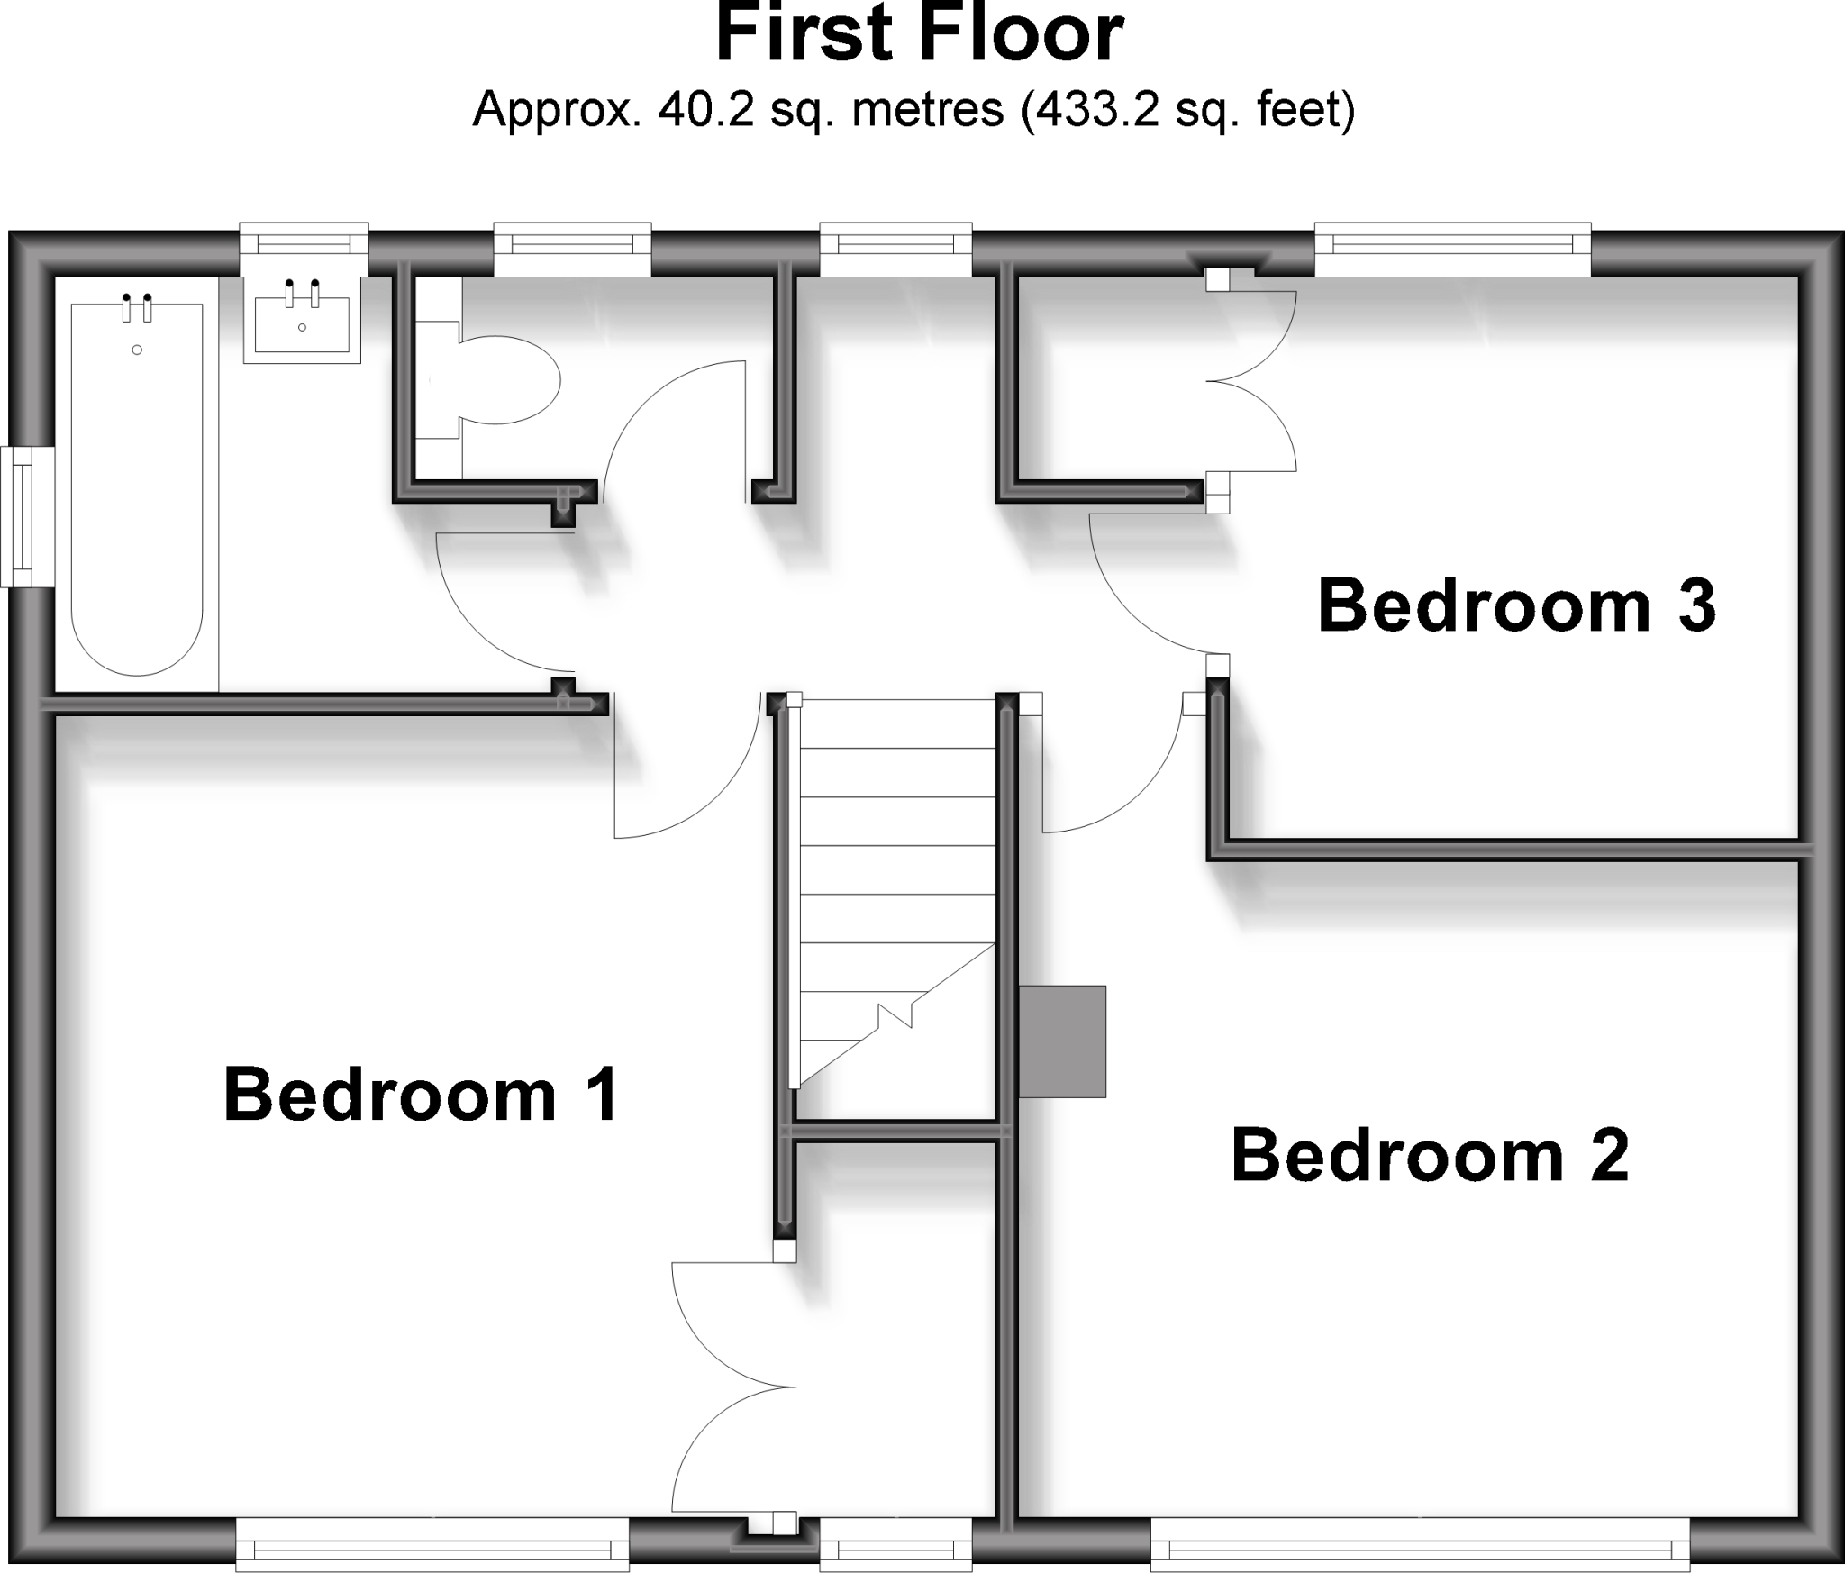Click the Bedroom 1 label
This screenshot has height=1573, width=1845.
(x=421, y=1095)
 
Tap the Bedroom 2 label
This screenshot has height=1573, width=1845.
(x=1430, y=1156)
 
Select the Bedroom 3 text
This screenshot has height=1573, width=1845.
(x=1516, y=606)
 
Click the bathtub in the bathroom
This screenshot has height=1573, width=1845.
(x=136, y=486)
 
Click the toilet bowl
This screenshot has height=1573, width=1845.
(x=509, y=380)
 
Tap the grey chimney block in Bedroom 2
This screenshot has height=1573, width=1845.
(x=1062, y=1041)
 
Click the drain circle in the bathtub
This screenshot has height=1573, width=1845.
(x=137, y=350)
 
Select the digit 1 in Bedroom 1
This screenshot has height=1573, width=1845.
(x=604, y=1095)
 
